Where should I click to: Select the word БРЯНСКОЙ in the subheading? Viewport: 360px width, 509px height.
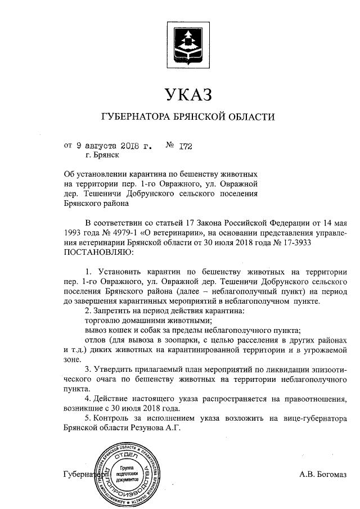[x=207, y=117]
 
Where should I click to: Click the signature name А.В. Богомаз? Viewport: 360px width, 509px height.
[x=322, y=474]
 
